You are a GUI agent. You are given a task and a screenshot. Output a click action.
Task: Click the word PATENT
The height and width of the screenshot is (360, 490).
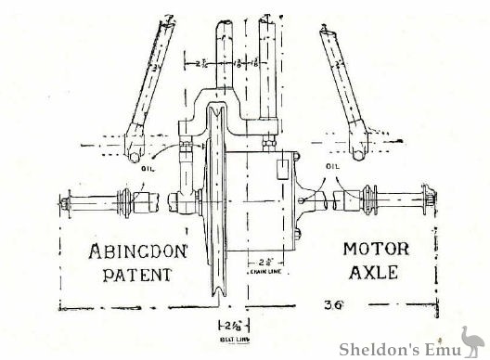coord(132,275)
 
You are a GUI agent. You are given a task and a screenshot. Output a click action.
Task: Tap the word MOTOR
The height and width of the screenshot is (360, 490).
coord(375,249)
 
